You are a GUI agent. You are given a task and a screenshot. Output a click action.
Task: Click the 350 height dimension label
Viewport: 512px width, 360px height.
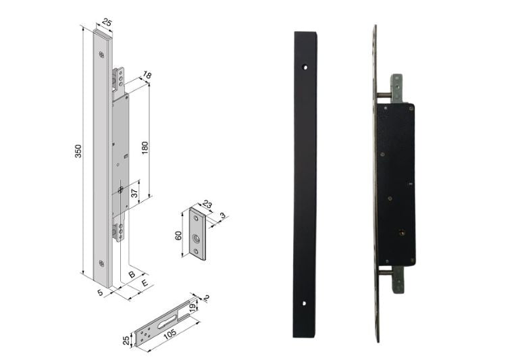[78, 151]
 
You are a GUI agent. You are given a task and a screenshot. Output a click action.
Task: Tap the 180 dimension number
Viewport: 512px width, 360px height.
[145, 148]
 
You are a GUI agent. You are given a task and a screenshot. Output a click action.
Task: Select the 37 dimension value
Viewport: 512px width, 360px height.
[134, 194]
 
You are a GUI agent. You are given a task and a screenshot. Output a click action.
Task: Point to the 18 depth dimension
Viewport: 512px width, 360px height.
[147, 76]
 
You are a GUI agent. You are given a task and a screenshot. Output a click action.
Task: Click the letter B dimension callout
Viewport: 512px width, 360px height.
[132, 274]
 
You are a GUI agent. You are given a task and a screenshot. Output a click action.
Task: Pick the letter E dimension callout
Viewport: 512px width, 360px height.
[145, 283]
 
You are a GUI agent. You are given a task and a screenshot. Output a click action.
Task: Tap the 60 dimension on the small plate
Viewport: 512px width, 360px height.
[178, 235]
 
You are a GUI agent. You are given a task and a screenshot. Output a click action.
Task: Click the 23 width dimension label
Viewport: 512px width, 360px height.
[207, 205]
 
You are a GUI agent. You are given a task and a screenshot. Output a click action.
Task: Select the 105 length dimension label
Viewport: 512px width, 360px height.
[170, 334]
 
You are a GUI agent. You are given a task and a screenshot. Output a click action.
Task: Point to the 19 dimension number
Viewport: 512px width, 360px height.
[193, 307]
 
